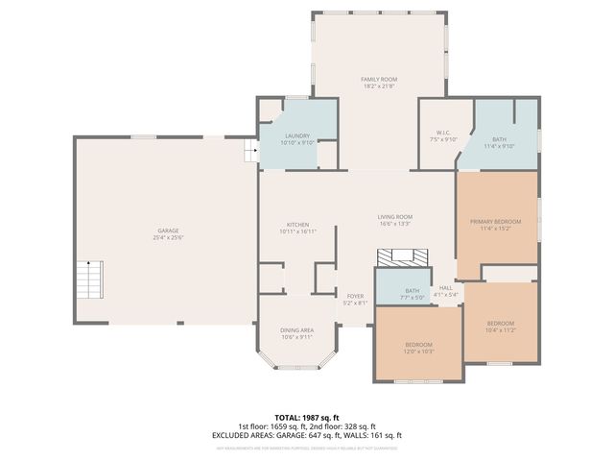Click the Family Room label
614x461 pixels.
[x=379, y=79]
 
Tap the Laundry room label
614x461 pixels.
[x=295, y=136]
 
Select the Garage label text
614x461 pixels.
[x=168, y=230]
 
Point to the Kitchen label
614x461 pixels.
[x=296, y=225]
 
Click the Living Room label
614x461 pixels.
[x=394, y=217]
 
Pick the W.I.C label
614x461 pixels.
[x=443, y=133]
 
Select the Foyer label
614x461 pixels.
[x=355, y=296]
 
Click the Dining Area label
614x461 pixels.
[x=296, y=329]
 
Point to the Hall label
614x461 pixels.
[x=446, y=287]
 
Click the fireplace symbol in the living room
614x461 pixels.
[x=403, y=257]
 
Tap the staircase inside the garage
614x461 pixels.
[x=89, y=279]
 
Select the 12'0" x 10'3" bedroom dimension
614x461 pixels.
[x=419, y=352]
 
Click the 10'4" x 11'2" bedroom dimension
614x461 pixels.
[x=501, y=330]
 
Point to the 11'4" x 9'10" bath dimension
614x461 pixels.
[x=499, y=146]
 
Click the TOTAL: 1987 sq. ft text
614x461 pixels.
[x=307, y=418]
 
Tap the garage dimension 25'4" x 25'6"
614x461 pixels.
[x=168, y=237]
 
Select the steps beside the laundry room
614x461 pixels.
[x=252, y=151]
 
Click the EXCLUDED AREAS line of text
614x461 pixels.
[x=307, y=435]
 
